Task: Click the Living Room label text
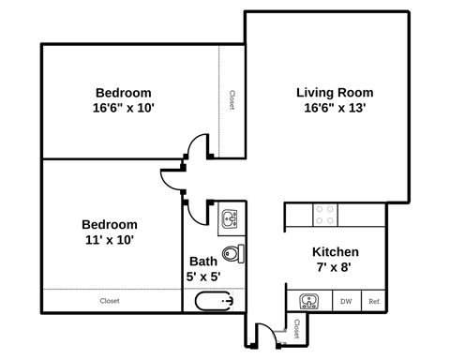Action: click(x=335, y=92)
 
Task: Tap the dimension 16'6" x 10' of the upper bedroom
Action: click(x=124, y=108)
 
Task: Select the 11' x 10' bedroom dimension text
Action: click(x=109, y=240)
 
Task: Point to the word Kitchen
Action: click(x=335, y=252)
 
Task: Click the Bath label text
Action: click(x=203, y=262)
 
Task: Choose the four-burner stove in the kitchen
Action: click(x=325, y=215)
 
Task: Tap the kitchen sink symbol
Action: click(x=309, y=301)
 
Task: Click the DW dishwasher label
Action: click(x=346, y=302)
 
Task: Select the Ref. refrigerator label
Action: click(x=374, y=302)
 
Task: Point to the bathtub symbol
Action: click(x=214, y=302)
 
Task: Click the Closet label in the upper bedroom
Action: click(x=232, y=100)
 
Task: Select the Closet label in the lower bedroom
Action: click(x=110, y=301)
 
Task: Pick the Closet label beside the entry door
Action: click(x=296, y=328)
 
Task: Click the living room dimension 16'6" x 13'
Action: click(x=335, y=108)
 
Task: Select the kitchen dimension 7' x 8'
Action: click(x=335, y=268)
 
